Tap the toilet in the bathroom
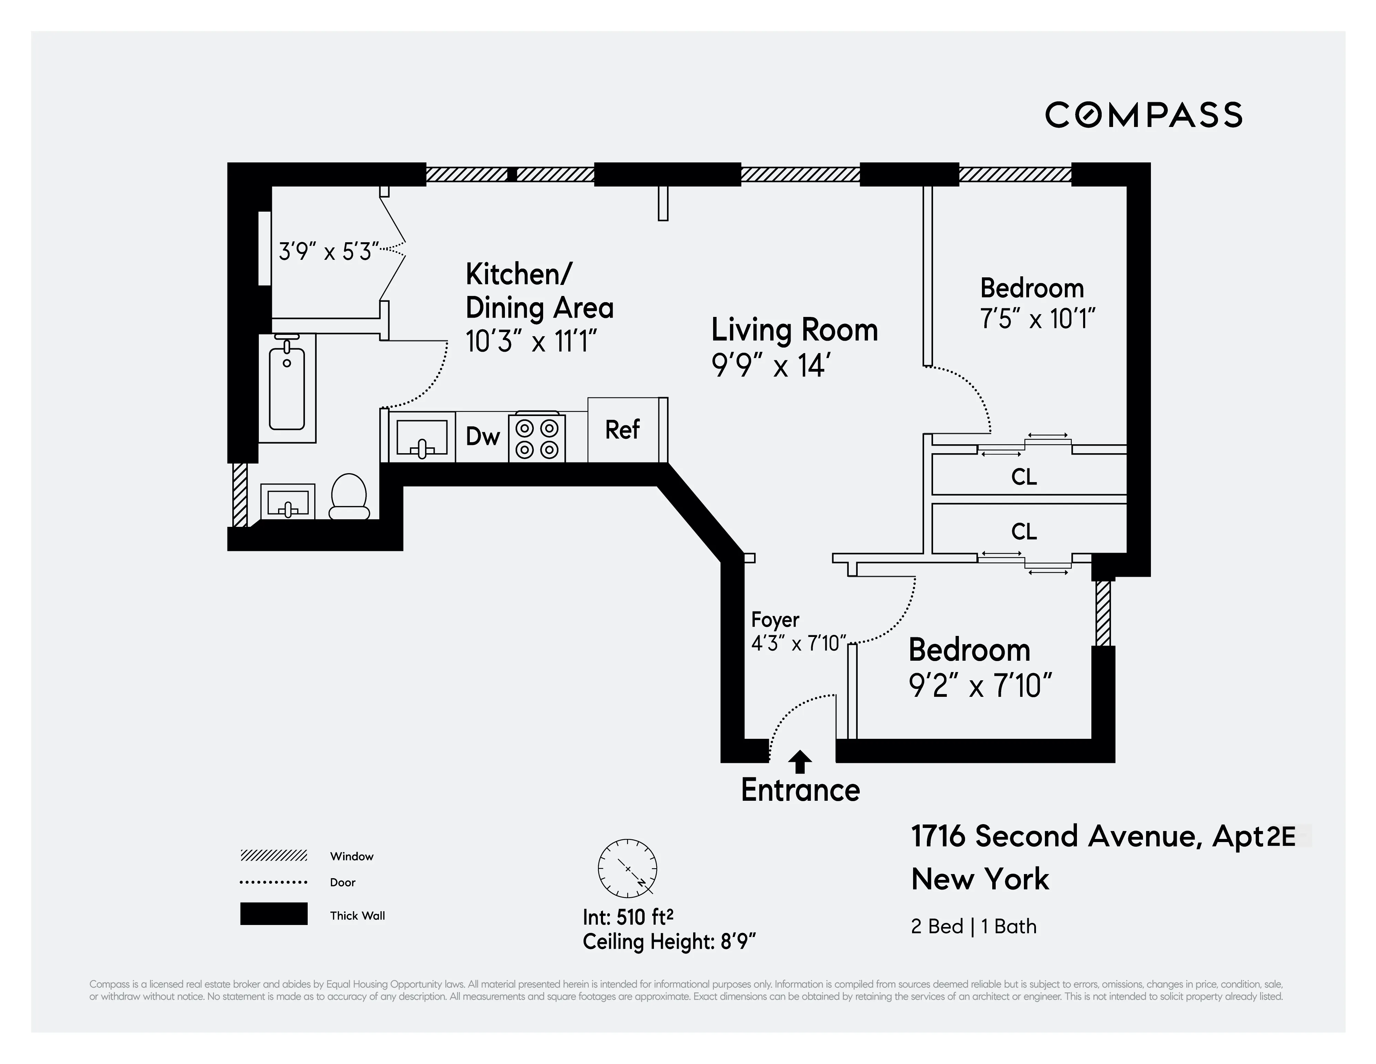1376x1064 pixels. pyautogui.click(x=349, y=497)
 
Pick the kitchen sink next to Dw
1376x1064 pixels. pyautogui.click(x=422, y=437)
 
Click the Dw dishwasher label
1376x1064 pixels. pyautogui.click(x=483, y=436)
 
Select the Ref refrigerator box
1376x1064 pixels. pyautogui.click(x=623, y=430)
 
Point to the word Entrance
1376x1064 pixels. pyautogui.click(x=800, y=790)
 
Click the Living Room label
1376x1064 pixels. pyautogui.click(x=794, y=330)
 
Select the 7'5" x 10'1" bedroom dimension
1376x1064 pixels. pyautogui.click(x=1037, y=319)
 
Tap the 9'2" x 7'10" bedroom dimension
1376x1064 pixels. pyautogui.click(x=980, y=685)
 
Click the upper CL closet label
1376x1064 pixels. pyautogui.click(x=1024, y=477)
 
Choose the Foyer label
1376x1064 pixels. pyautogui.click(x=775, y=620)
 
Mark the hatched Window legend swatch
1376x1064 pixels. pyautogui.click(x=273, y=855)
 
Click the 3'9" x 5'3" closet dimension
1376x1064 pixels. pyautogui.click(x=328, y=252)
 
